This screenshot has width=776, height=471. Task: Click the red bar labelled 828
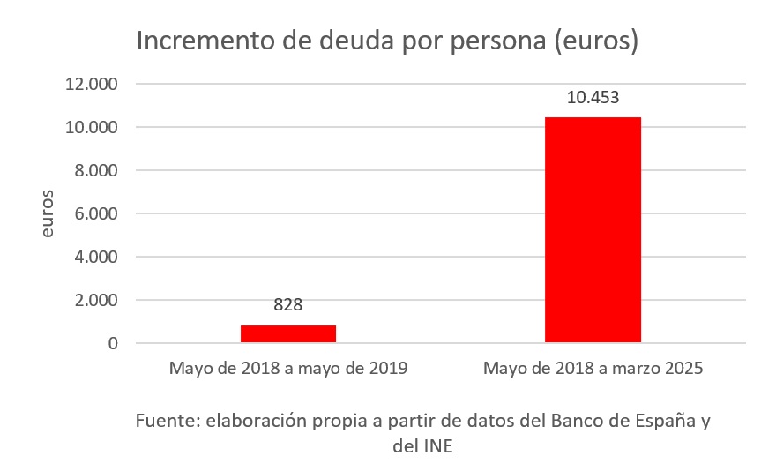288,333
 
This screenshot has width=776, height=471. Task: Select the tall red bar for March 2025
593,229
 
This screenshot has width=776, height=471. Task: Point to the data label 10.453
593,98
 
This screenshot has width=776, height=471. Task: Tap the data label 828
288,305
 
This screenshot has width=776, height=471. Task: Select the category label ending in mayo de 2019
288,368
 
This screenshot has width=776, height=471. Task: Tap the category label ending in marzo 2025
593,368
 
